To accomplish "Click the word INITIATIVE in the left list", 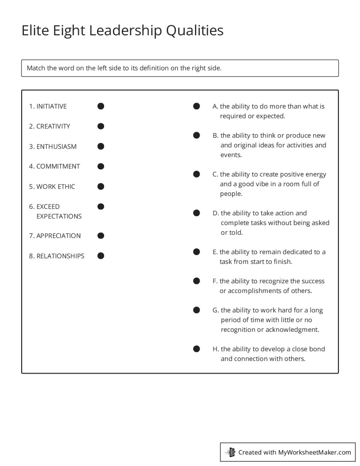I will [x=51, y=106].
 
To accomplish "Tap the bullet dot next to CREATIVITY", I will [x=101, y=126].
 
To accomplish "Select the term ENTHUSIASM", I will [x=56, y=147].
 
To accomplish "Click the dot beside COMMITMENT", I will [x=101, y=166].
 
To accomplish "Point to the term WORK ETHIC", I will [x=56, y=187].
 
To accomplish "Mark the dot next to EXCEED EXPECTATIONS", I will [x=101, y=207].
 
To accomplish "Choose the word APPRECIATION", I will [x=58, y=236].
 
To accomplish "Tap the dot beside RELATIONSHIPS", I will [x=101, y=256].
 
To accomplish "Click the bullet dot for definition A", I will [x=197, y=106].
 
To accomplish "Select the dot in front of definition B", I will [x=197, y=135].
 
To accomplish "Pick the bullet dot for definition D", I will [x=197, y=213].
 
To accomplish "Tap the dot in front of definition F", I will [x=197, y=281].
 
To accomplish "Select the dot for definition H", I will [x=197, y=349].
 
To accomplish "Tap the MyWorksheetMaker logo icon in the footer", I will [x=230, y=452].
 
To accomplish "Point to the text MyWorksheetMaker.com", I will [x=314, y=452].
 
